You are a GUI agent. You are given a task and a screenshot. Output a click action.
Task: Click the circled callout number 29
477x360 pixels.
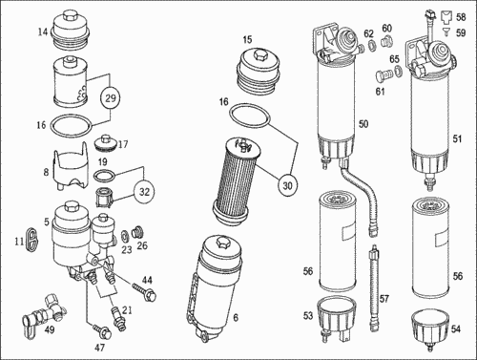coord(111,98)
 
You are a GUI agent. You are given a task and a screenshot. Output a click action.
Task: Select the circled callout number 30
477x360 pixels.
coord(287,185)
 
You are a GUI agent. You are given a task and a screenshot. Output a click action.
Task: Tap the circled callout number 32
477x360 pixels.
coord(144,192)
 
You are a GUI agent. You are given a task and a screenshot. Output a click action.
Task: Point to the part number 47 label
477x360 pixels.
coord(100,348)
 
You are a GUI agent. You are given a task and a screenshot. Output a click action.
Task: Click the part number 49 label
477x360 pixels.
coord(50,329)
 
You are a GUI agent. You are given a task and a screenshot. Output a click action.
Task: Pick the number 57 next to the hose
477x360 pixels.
coord(384,299)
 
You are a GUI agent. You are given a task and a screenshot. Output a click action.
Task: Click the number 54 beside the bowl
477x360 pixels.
coord(456,328)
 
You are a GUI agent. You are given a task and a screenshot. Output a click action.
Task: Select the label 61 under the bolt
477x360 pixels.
coord(380,92)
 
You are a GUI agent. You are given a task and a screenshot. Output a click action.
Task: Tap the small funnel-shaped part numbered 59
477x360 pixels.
coord(446,31)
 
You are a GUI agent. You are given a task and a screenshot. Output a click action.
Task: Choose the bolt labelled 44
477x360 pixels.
coord(145,292)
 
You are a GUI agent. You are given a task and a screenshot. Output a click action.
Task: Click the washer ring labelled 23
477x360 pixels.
coord(125,236)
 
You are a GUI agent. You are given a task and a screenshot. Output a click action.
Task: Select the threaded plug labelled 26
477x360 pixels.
coord(138,232)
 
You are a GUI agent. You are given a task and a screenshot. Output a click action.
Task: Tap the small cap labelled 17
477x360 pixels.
coord(105,144)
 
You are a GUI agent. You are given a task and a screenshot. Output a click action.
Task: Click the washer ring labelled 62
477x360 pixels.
coord(371,45)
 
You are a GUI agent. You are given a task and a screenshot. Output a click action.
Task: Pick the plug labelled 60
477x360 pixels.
coord(386,42)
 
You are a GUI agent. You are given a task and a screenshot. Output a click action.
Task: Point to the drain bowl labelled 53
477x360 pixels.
coord(337,317)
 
